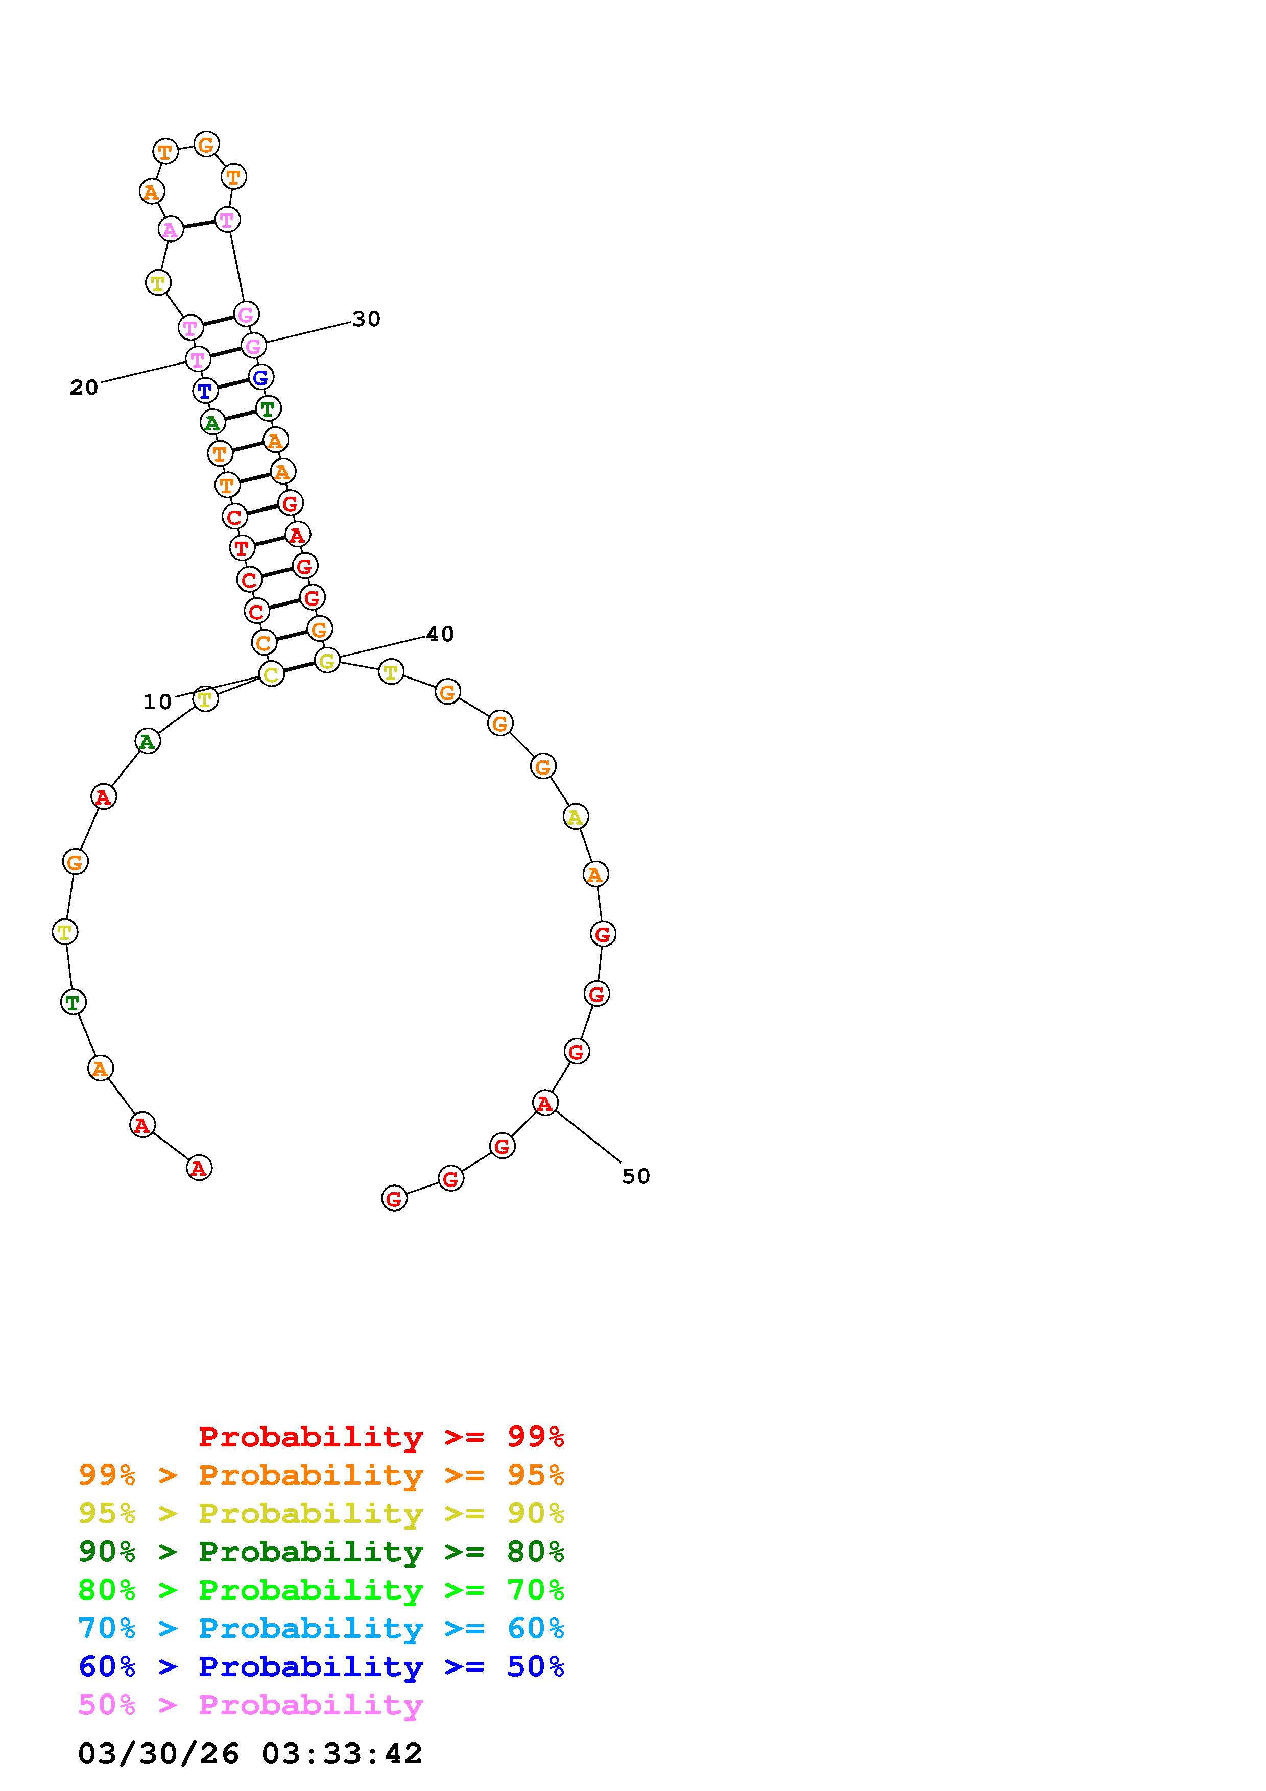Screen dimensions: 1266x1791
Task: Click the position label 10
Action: tap(157, 702)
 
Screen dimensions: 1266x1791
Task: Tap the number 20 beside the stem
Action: tap(84, 388)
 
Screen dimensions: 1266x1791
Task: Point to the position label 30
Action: tap(366, 319)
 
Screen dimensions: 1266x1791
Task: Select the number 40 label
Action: tap(440, 634)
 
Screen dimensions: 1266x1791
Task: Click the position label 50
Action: tap(636, 1176)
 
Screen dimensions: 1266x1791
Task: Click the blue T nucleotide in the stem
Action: tap(205, 391)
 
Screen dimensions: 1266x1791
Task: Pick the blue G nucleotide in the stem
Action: tap(260, 377)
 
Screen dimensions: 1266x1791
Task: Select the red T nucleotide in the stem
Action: tap(242, 548)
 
